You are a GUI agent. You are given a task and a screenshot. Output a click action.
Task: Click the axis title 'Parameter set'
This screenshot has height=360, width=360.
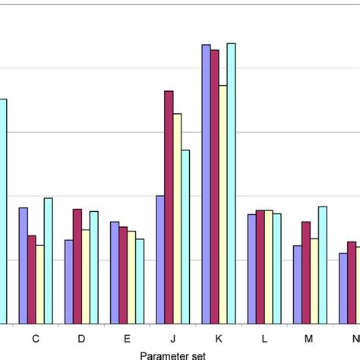pos(172,352)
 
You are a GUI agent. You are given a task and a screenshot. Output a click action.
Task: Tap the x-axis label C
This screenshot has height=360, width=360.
pos(36,337)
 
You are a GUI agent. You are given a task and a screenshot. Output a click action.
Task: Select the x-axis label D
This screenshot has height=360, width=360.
pos(81,337)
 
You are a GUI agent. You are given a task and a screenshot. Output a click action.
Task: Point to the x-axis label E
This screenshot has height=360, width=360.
pos(127,337)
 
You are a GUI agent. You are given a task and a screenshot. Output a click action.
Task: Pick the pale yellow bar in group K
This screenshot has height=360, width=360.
pos(223,204)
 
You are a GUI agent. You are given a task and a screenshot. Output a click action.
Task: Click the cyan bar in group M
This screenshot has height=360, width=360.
pos(322,265)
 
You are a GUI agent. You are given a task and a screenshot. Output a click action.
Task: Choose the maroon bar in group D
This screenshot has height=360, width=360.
pos(77,267)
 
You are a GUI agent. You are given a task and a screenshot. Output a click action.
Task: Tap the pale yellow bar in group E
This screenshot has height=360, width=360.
pos(131,277)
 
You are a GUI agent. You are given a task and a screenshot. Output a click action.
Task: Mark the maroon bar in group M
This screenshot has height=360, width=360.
pos(305,273)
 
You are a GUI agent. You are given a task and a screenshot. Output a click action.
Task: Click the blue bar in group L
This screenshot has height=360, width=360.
pos(251,269)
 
